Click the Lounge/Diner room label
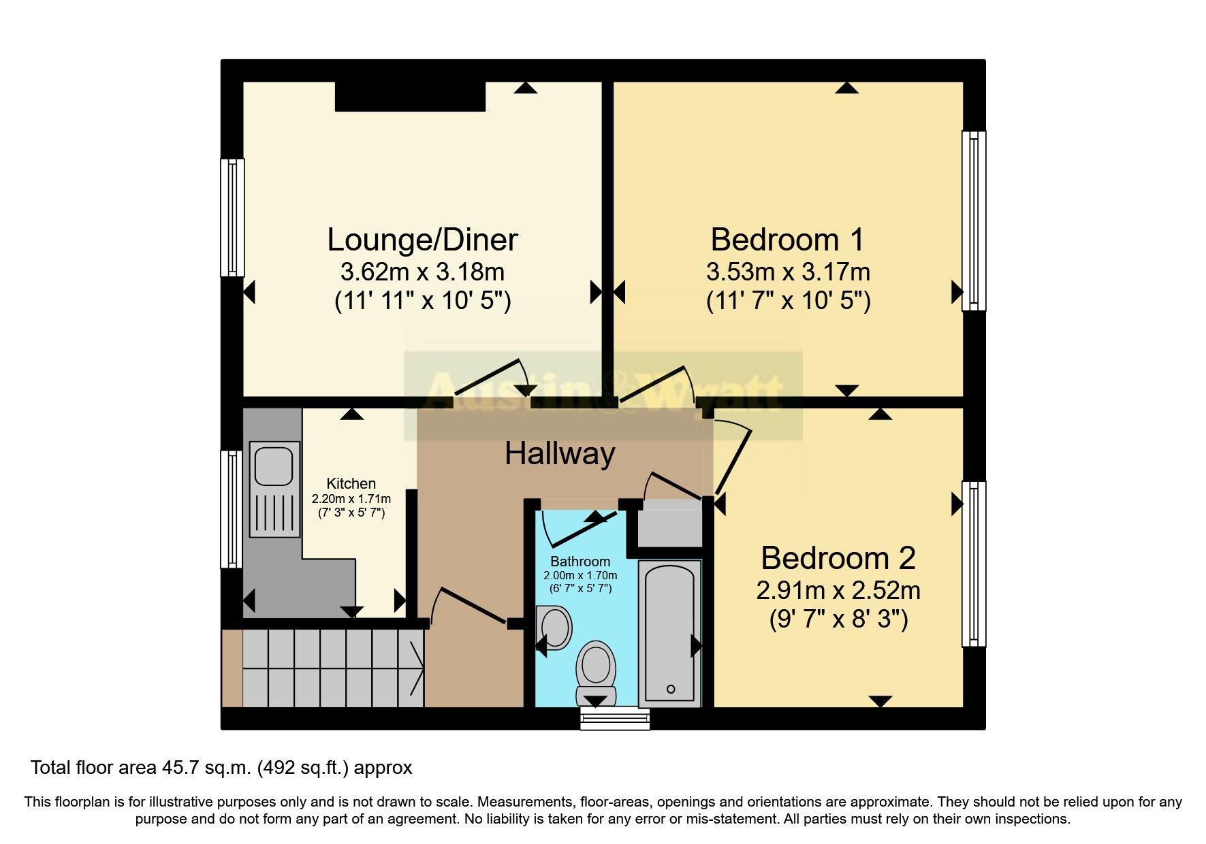point(422,240)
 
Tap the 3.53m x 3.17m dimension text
point(788,272)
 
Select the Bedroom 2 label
point(838,558)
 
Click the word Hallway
point(560,453)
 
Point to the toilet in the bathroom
point(596,670)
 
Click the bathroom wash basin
point(555,626)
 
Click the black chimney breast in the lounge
point(410,97)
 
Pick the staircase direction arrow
point(417,668)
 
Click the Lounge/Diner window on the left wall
point(233,218)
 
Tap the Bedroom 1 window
point(974,221)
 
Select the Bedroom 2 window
point(974,564)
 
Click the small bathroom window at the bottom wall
point(614,719)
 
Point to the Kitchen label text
point(351,483)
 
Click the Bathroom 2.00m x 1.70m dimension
point(580,576)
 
